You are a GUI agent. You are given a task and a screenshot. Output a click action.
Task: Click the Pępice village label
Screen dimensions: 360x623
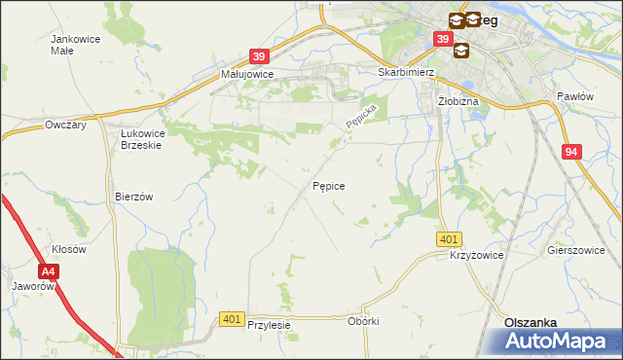[x=328, y=184]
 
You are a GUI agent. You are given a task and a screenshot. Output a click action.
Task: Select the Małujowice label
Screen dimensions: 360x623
[x=247, y=73]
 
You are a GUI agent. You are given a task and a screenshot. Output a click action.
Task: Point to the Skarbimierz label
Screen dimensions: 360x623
[x=405, y=72]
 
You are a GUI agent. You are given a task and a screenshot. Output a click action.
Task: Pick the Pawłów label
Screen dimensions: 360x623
[x=574, y=96]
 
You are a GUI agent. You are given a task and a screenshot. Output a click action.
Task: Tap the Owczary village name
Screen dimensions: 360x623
[x=67, y=125]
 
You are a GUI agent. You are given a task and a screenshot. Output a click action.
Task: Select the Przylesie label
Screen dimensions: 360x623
[x=270, y=325]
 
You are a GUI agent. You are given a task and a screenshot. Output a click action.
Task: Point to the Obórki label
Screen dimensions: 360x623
[x=362, y=321]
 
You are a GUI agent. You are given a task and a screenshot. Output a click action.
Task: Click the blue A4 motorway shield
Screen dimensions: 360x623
[x=49, y=274]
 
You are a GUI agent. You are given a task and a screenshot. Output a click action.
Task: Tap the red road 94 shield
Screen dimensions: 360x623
[x=572, y=152]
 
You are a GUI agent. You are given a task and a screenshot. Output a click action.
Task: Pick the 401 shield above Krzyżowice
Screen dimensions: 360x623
[x=449, y=239]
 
